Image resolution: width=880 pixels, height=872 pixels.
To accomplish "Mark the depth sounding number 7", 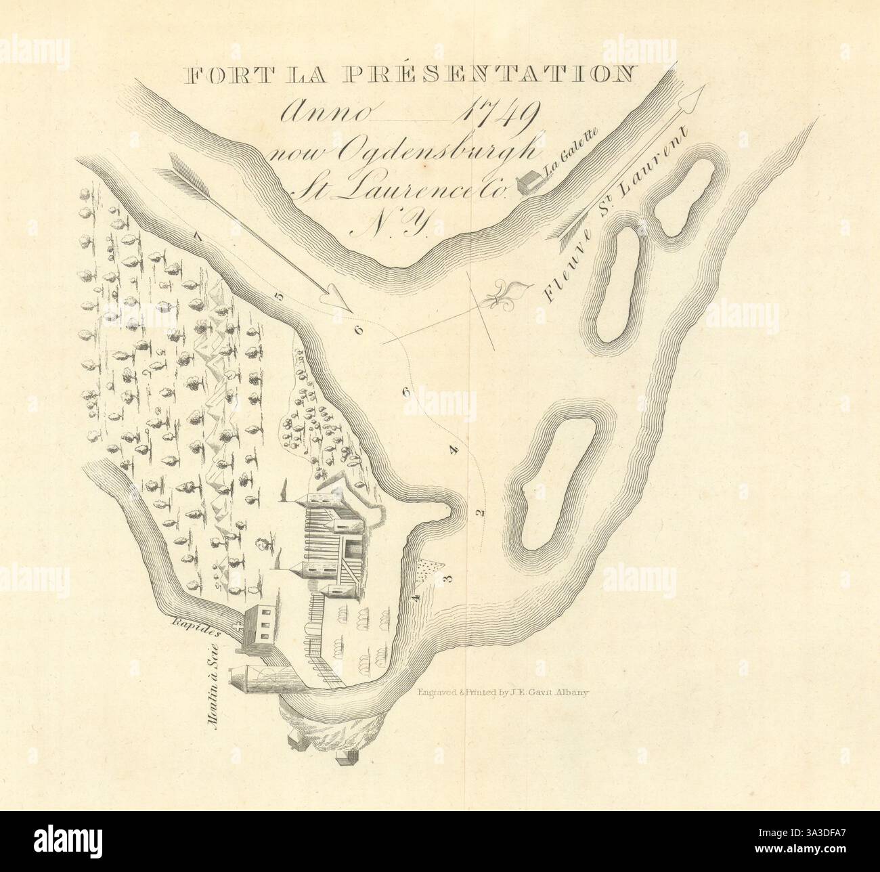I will (x=198, y=237).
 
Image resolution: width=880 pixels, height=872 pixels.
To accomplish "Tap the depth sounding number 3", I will (x=445, y=579).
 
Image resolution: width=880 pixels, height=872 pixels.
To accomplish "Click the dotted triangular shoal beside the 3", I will (x=427, y=570).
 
